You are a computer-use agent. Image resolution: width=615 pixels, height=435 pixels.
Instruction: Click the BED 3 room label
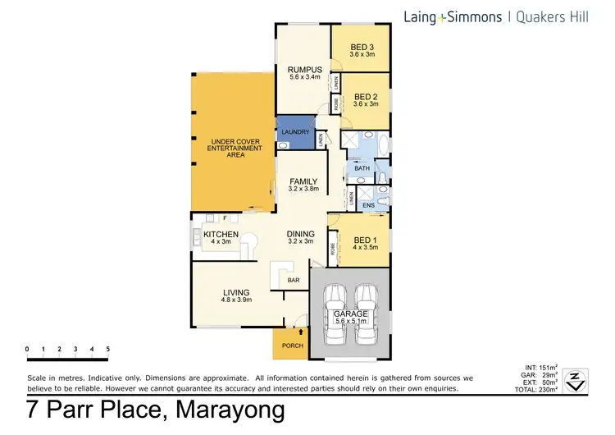pos(360,47)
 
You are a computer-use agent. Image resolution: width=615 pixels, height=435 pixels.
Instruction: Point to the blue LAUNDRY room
pos(294,132)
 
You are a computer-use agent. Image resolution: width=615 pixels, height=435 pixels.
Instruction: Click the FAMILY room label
pos(303,182)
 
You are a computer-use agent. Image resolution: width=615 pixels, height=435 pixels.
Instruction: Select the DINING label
pos(300,234)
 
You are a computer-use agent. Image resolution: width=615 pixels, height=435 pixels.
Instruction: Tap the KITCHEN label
pos(220,235)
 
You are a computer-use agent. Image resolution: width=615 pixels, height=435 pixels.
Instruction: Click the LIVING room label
pos(236,293)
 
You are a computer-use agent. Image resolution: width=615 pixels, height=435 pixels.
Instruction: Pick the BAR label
pos(294,280)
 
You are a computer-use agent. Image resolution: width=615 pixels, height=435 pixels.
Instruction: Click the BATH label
pos(362,167)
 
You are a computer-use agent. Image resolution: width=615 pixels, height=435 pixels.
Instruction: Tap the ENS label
pos(368,204)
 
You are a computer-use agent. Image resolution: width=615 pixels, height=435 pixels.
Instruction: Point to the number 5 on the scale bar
pos(107,349)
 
